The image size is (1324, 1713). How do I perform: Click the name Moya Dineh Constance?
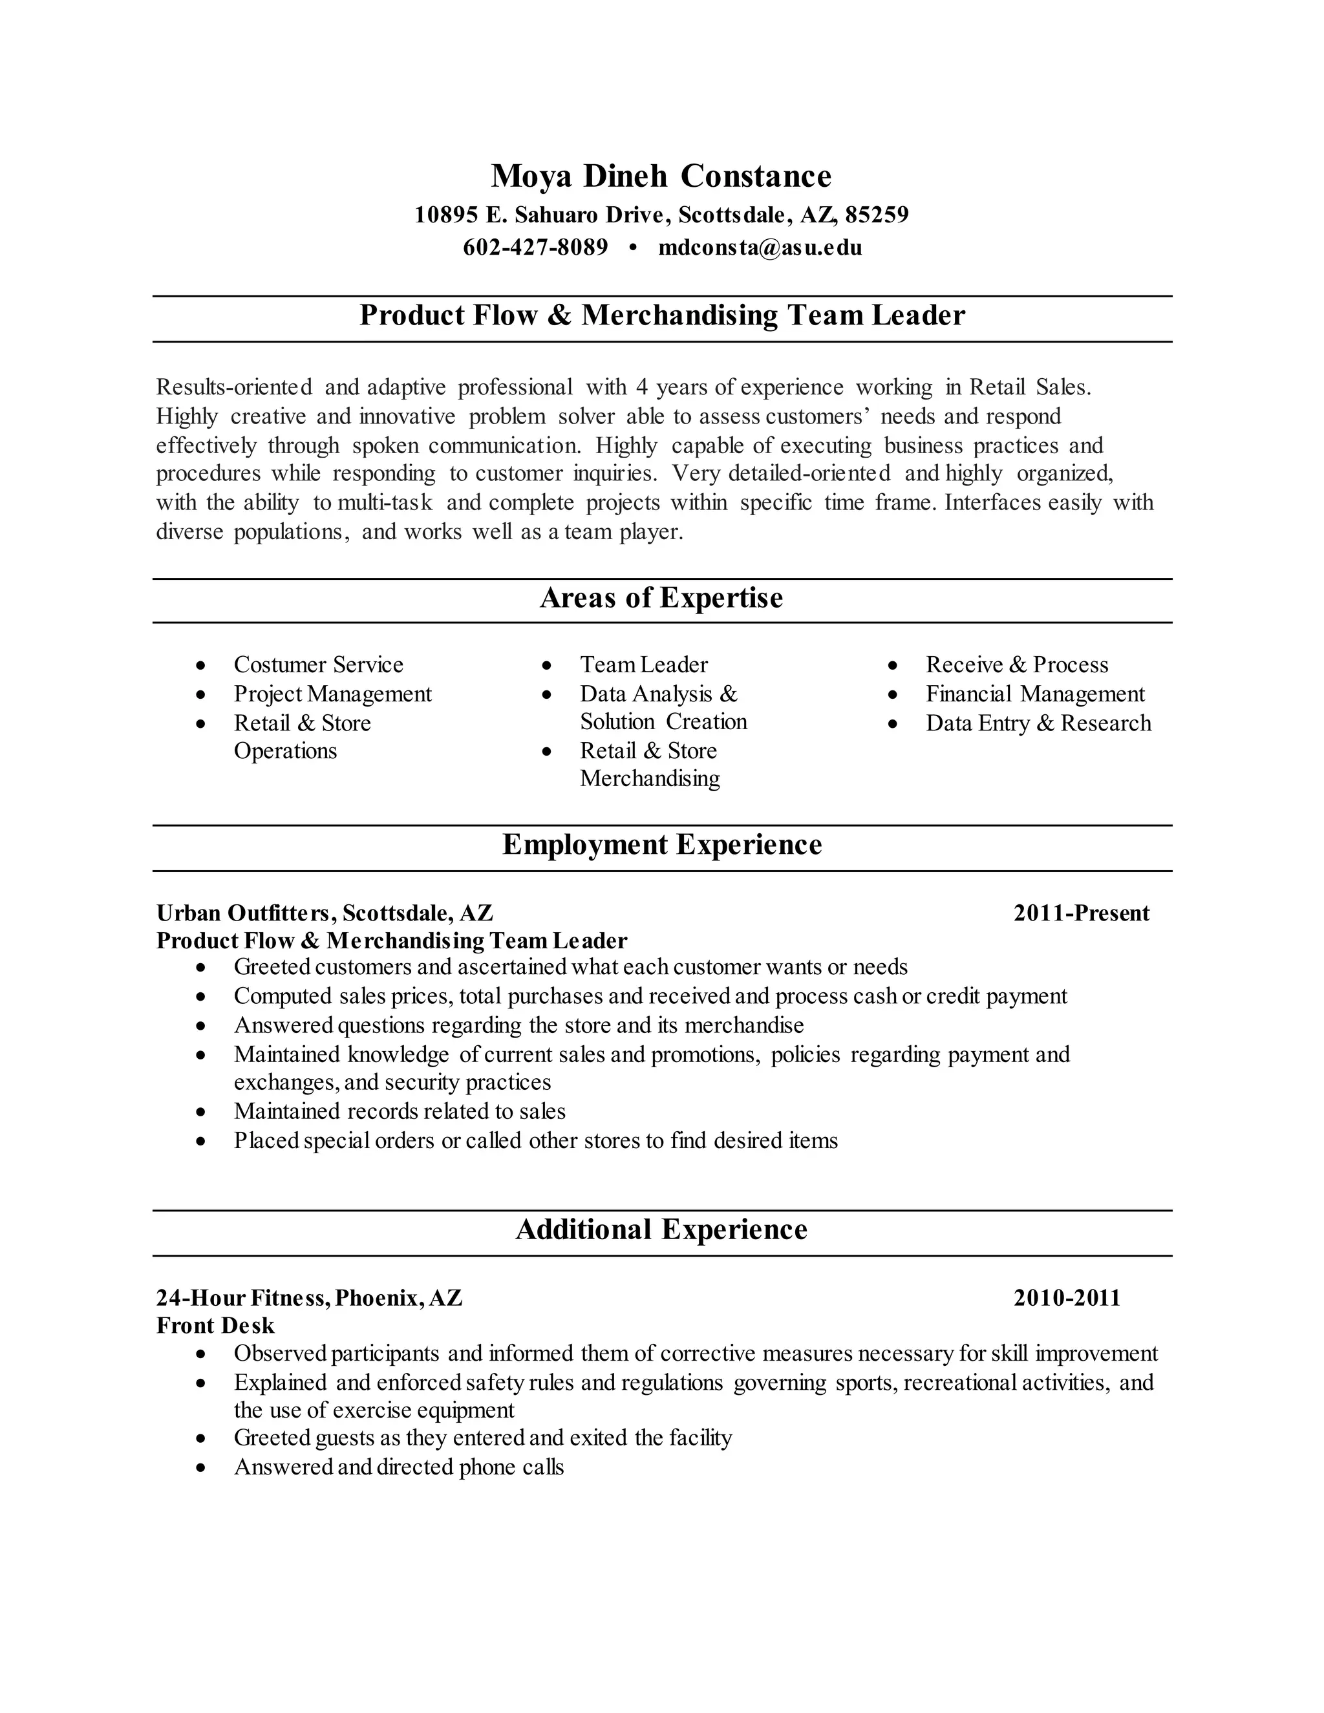pyautogui.click(x=661, y=176)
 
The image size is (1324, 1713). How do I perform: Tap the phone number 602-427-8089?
pyautogui.click(x=536, y=248)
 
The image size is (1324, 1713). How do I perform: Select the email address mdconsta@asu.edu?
pyautogui.click(x=760, y=248)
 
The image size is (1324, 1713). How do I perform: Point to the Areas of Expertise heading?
pyautogui.click(x=661, y=599)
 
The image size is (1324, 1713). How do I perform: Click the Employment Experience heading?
pyautogui.click(x=661, y=845)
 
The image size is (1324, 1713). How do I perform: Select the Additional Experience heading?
pyautogui.click(x=661, y=1229)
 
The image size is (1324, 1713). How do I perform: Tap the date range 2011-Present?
pyautogui.click(x=1081, y=913)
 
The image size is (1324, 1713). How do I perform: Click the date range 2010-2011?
pyautogui.click(x=1067, y=1298)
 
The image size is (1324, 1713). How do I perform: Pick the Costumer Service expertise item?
pyautogui.click(x=319, y=665)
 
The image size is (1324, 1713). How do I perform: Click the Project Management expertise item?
pyautogui.click(x=332, y=694)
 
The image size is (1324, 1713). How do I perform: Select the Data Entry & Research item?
pyautogui.click(x=1038, y=723)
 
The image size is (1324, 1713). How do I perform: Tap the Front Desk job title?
pyautogui.click(x=216, y=1326)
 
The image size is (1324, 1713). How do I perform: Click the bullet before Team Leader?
pyautogui.click(x=548, y=666)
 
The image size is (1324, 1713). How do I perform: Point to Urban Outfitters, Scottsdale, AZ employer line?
pyautogui.click(x=325, y=913)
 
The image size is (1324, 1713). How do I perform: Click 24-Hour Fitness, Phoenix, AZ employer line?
pyautogui.click(x=309, y=1298)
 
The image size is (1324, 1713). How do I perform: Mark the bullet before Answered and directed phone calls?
pyautogui.click(x=202, y=1467)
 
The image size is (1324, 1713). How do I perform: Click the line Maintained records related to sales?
pyautogui.click(x=400, y=1111)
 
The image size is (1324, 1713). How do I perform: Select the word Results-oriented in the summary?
pyautogui.click(x=234, y=387)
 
